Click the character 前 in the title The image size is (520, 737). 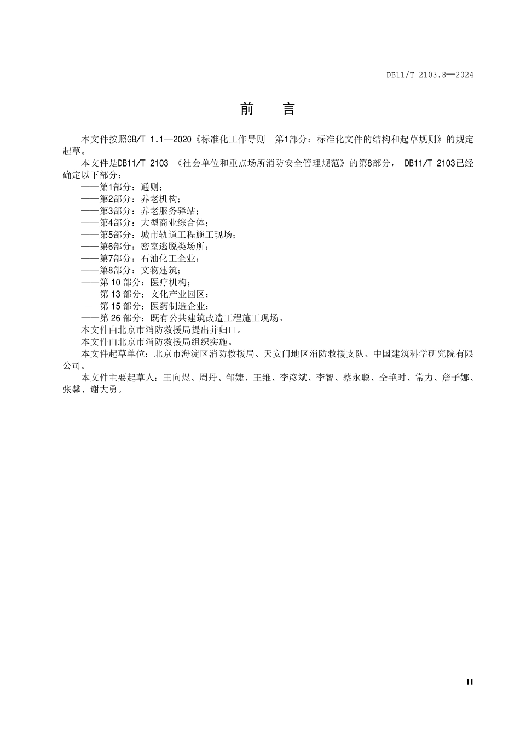point(247,109)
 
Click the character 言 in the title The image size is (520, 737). point(288,109)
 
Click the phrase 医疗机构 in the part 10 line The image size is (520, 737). point(170,282)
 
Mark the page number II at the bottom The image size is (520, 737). point(470,682)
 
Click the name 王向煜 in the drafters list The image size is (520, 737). point(177,378)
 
